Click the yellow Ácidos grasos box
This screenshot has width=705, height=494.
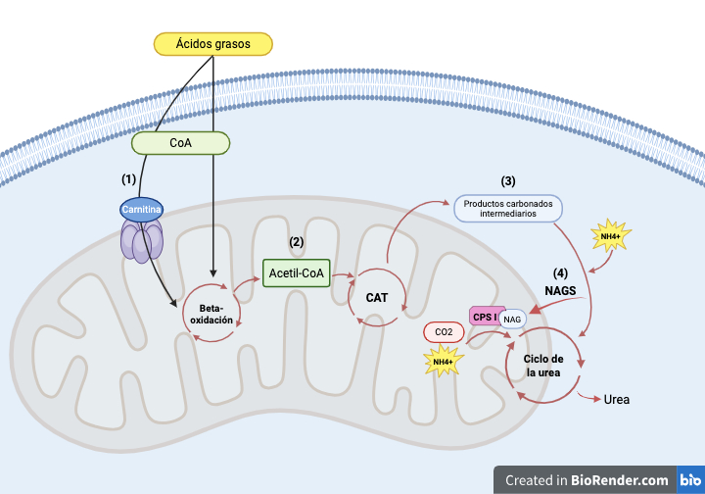pos(213,44)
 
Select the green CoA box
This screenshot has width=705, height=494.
pos(180,144)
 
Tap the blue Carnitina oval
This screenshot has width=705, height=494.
pos(142,209)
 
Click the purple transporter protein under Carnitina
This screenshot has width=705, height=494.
pos(142,240)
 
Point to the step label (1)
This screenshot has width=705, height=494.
pos(128,179)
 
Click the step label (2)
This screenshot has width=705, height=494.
pos(297,240)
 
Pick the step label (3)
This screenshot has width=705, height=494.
pos(507,180)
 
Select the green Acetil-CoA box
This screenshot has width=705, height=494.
pos(297,272)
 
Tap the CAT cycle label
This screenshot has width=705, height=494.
pos(378,296)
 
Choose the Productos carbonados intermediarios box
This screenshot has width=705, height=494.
pos(507,208)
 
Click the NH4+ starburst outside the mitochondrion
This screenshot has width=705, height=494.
pos(611,237)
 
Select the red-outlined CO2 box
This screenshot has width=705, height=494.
pos(444,332)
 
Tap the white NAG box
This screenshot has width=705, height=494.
pos(512,320)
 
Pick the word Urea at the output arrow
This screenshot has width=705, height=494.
pos(617,400)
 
